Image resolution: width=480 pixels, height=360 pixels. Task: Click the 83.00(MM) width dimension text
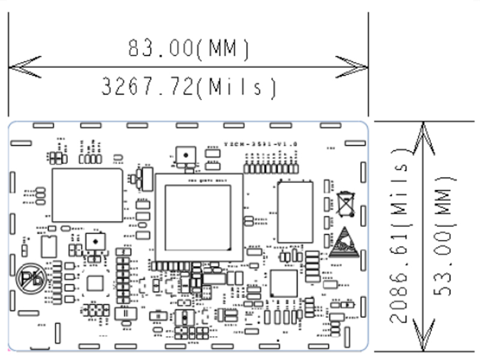tap(188, 48)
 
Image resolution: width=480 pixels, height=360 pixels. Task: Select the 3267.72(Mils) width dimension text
tap(188, 88)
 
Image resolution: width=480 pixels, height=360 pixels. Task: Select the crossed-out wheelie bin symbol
tap(346, 203)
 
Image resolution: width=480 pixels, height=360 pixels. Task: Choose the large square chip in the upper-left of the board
tap(88, 196)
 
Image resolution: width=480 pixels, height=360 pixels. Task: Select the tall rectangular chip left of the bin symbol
tap(295, 211)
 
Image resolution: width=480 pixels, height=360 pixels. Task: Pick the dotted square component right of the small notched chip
tap(94, 241)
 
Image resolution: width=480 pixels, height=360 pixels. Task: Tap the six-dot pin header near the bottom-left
tap(95, 311)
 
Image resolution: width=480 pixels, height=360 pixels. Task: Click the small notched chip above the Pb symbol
tap(49, 245)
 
